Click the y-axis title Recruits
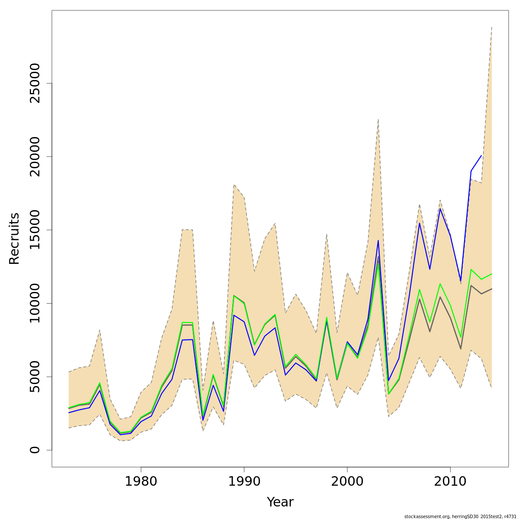pos(14,238)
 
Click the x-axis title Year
pos(280,502)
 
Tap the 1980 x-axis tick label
pos(141,481)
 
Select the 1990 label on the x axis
pos(244,481)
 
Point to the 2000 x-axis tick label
pos(347,481)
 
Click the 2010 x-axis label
pos(450,481)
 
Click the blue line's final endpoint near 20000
pos(481,156)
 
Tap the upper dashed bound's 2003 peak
pos(378,119)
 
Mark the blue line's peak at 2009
pos(440,209)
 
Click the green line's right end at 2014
pos(492,274)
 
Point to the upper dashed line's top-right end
pos(492,27)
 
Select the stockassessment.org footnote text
pos(460,516)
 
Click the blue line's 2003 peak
pos(378,240)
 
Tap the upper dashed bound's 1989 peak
pos(234,185)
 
